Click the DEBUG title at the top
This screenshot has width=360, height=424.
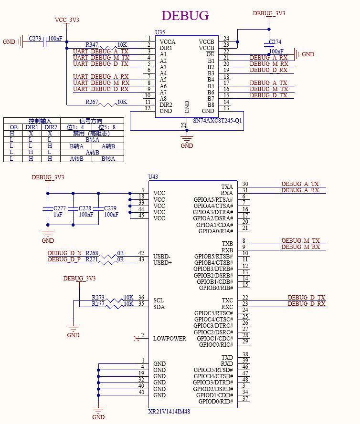[185, 16]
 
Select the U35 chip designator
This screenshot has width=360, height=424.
[160, 32]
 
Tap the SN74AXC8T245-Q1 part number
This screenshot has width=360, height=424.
[217, 121]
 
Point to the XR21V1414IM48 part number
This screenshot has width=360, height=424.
[169, 411]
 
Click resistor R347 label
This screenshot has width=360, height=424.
[92, 44]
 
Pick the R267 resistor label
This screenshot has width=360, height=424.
[92, 102]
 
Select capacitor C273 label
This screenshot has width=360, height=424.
[35, 38]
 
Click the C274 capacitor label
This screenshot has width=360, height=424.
[275, 42]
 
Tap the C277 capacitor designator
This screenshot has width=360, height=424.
[60, 208]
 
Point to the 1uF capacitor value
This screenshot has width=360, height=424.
[58, 215]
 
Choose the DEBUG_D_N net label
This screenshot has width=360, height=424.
[64, 253]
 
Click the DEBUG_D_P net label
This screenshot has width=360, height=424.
[64, 259]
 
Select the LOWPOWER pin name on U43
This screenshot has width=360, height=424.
[169, 339]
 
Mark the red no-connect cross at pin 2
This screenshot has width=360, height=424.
[137, 339]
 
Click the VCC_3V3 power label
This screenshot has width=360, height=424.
[67, 20]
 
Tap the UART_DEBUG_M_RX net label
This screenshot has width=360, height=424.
[101, 83]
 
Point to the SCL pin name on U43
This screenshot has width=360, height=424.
[159, 300]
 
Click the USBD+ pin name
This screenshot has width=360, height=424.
[162, 263]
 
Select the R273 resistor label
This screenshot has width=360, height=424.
[98, 297]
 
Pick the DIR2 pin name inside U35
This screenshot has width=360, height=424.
[166, 105]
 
